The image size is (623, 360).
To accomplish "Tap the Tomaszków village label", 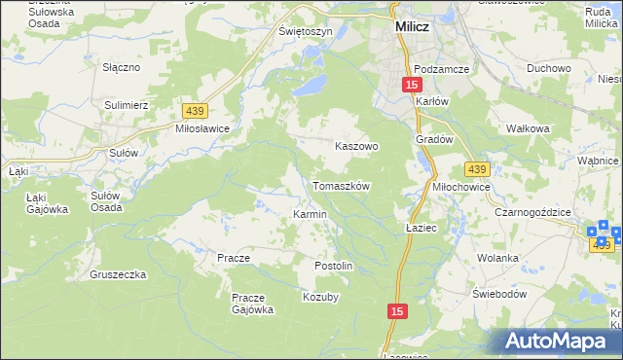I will [341, 185].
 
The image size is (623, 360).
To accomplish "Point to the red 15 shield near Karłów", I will [413, 86].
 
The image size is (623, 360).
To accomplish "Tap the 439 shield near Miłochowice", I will [475, 169].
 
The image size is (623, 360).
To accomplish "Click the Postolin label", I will [333, 266].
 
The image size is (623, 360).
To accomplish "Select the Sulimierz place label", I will [126, 102].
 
